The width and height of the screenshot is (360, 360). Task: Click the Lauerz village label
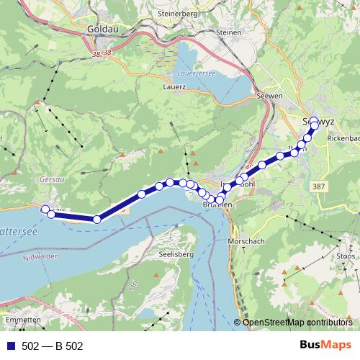(175, 86)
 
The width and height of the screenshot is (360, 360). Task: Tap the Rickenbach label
(343, 138)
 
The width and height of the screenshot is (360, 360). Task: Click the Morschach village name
(246, 240)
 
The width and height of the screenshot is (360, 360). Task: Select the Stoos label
(346, 255)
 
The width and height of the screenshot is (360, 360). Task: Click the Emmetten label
(19, 319)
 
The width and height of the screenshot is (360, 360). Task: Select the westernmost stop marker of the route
(45, 210)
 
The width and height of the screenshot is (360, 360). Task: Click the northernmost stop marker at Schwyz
(314, 121)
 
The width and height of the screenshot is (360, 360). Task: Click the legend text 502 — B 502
(53, 346)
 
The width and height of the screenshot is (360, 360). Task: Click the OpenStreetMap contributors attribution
(297, 322)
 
